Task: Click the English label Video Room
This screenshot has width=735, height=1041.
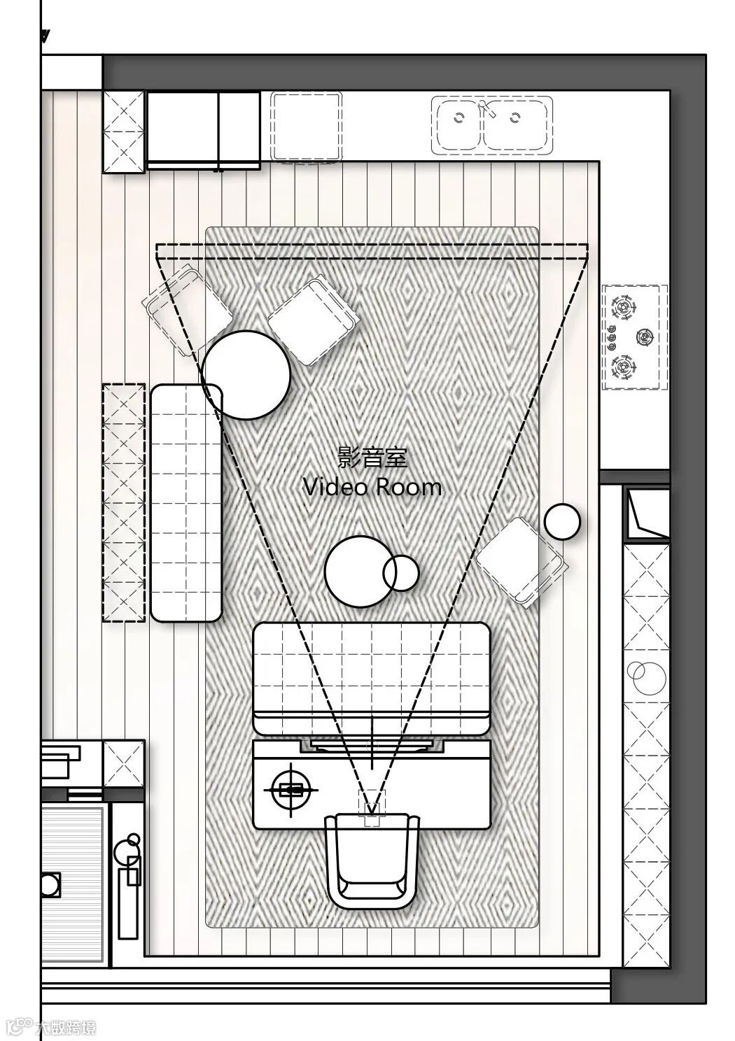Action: click(x=372, y=487)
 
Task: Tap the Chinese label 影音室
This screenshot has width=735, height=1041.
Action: click(x=372, y=457)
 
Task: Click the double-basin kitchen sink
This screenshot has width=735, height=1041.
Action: click(x=492, y=125)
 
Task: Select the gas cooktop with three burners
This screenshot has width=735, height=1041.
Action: click(x=635, y=337)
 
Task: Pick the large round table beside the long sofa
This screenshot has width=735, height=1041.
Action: click(x=246, y=375)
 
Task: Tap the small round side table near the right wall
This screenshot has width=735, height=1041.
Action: click(x=563, y=521)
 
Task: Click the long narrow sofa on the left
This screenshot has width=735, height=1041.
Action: click(x=186, y=503)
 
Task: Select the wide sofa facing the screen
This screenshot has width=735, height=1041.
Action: click(x=372, y=701)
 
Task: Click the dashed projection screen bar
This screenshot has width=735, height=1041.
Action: click(x=372, y=251)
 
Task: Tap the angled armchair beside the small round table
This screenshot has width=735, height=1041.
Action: click(x=521, y=562)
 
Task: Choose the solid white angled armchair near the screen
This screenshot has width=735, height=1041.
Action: click(x=313, y=320)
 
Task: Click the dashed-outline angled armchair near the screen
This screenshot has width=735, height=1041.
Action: click(x=187, y=311)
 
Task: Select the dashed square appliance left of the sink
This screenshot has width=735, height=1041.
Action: click(x=307, y=126)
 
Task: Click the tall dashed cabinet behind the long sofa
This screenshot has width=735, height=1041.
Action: click(x=124, y=502)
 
